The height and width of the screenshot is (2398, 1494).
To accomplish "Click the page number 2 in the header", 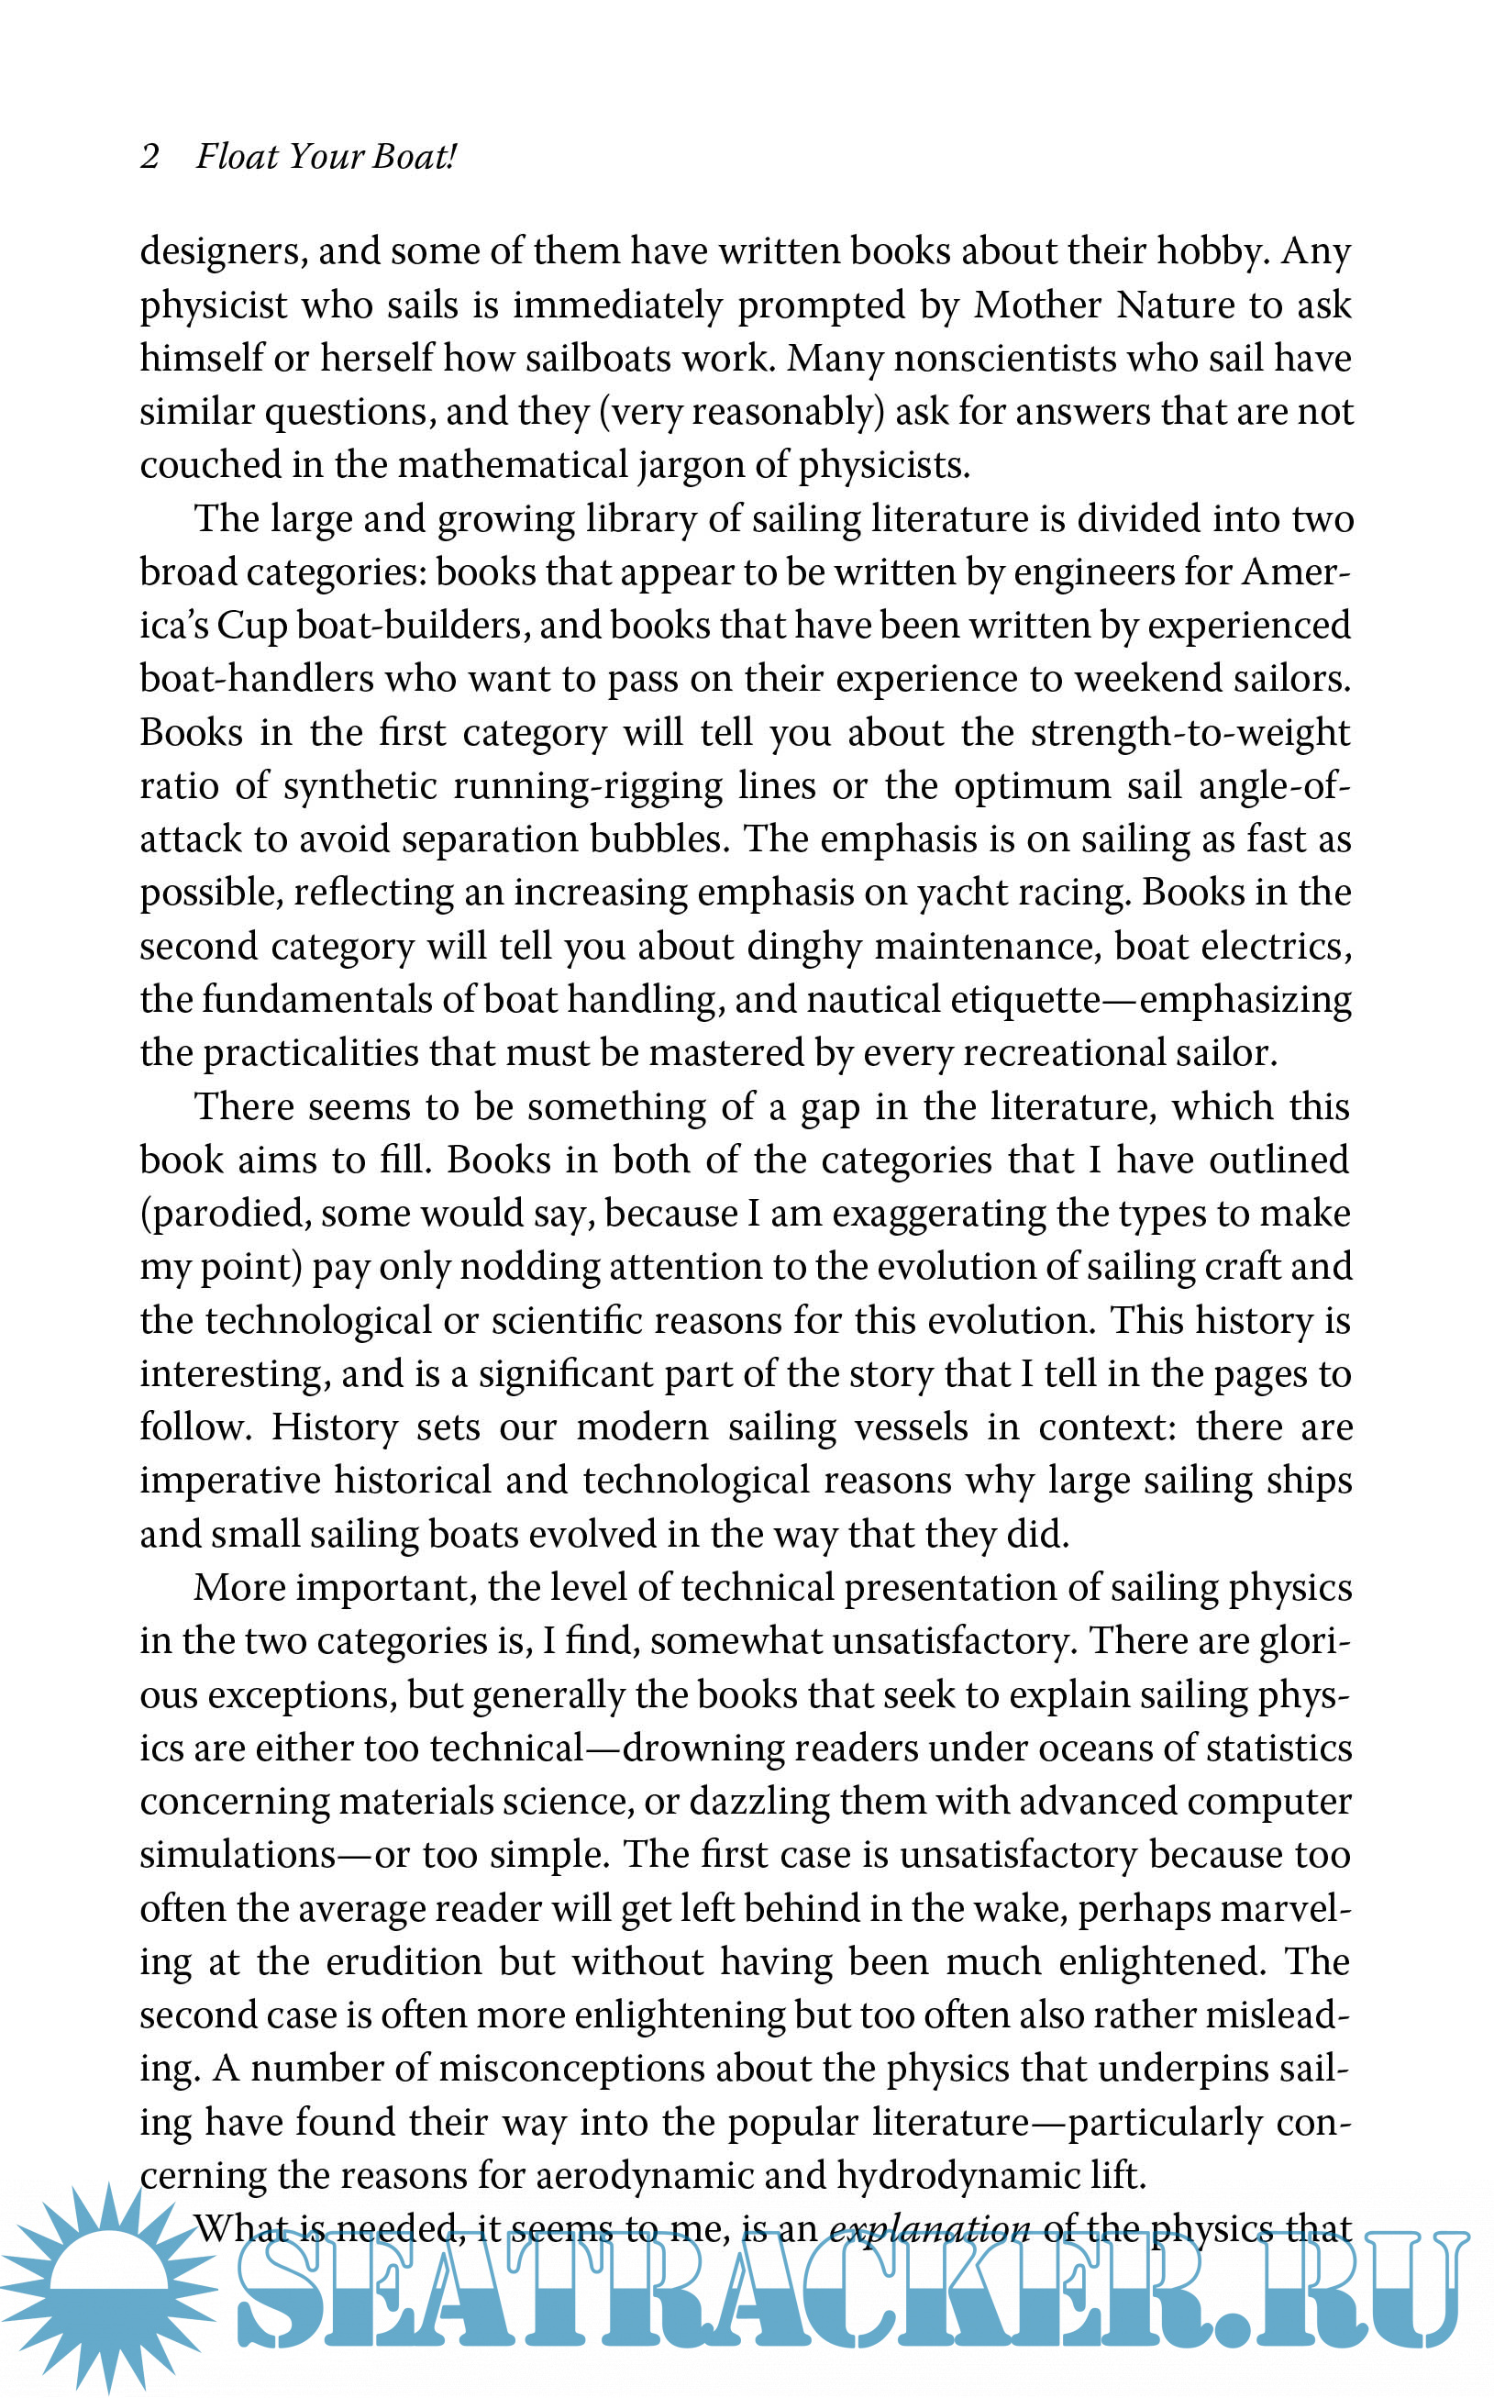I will [150, 156].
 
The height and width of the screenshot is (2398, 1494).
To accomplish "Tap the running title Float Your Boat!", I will [326, 156].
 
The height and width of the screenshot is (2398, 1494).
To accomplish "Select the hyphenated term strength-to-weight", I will [1190, 732].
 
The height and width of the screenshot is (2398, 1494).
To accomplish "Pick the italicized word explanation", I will [929, 2229].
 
